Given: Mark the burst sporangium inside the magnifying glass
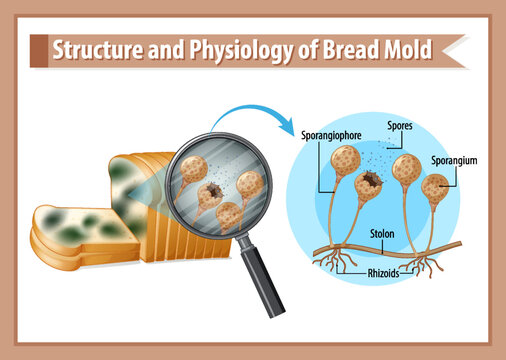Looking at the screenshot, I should [212, 193].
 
